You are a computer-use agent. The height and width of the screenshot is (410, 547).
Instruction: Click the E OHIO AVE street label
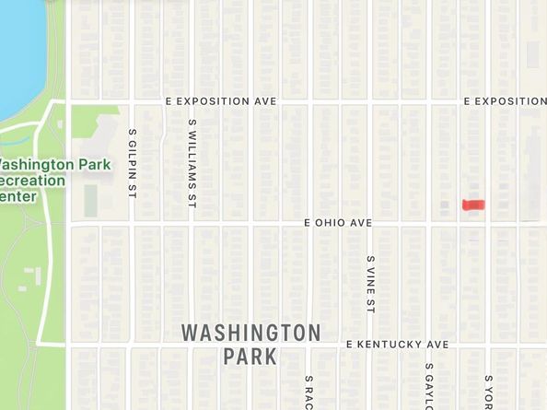(x=338, y=223)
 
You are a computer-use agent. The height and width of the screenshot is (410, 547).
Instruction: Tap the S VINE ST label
(x=370, y=284)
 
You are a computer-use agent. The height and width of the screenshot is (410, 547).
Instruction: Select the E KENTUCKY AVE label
(x=397, y=345)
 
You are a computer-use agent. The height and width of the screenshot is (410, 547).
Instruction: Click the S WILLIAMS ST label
(x=192, y=161)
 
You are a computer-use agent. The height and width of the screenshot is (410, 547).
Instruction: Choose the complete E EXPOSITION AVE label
(x=220, y=100)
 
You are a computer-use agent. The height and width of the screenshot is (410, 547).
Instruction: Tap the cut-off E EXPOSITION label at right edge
(x=505, y=100)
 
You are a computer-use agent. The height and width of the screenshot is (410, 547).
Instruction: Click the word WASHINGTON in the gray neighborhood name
(x=250, y=332)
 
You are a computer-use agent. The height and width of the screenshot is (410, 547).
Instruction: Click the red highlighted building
(x=471, y=205)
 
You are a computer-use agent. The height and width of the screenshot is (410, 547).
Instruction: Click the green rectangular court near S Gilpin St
(x=91, y=199)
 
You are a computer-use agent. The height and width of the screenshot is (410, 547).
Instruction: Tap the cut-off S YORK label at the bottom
(x=489, y=391)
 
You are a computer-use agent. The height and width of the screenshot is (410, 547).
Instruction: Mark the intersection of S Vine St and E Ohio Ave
(x=370, y=223)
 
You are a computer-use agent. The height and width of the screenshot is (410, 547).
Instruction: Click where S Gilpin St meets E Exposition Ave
(x=133, y=100)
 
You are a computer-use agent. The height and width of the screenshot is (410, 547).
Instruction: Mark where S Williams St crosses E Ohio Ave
(x=192, y=223)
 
